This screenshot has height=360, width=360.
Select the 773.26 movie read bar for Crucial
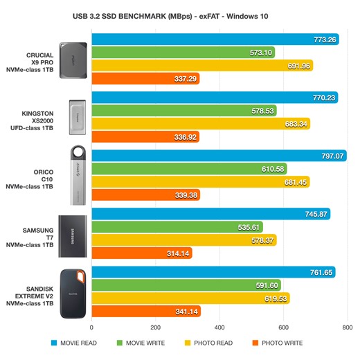point(215,39)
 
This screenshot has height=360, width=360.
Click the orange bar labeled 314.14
point(142,254)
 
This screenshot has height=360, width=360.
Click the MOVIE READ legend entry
point(75,343)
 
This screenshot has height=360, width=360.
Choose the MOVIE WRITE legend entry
point(143,343)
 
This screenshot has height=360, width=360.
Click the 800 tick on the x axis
point(345,327)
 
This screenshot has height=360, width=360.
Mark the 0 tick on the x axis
point(92,327)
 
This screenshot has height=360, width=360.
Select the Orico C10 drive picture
point(77,176)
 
